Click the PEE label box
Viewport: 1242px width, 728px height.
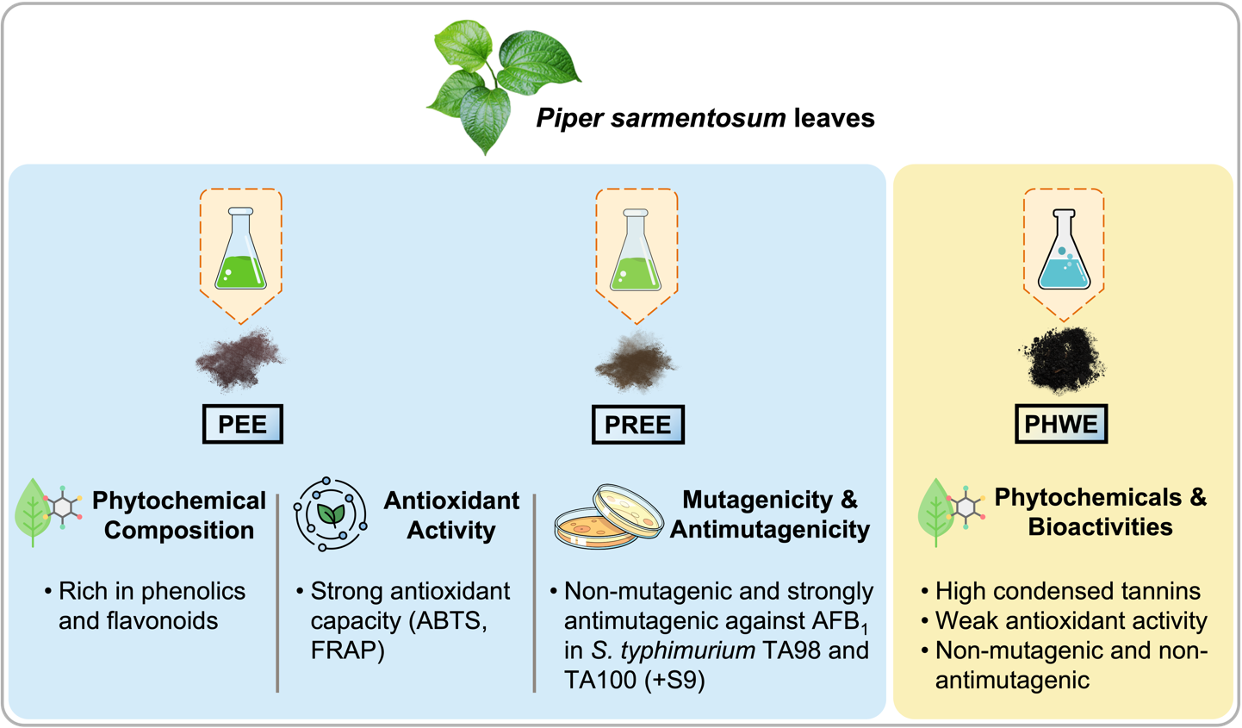click(x=242, y=424)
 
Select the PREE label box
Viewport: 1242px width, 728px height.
click(x=637, y=425)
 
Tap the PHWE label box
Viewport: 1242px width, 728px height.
click(x=1060, y=424)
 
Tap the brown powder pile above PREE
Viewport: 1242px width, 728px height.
click(x=636, y=362)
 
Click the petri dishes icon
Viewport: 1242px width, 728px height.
click(x=608, y=516)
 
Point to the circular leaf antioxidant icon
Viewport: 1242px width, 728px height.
click(x=330, y=514)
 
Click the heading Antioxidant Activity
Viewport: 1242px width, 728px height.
click(x=450, y=515)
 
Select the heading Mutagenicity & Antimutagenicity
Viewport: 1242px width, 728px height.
click(x=769, y=514)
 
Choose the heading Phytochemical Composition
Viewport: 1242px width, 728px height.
click(x=178, y=515)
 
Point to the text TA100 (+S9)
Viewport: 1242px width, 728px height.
click(x=634, y=680)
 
